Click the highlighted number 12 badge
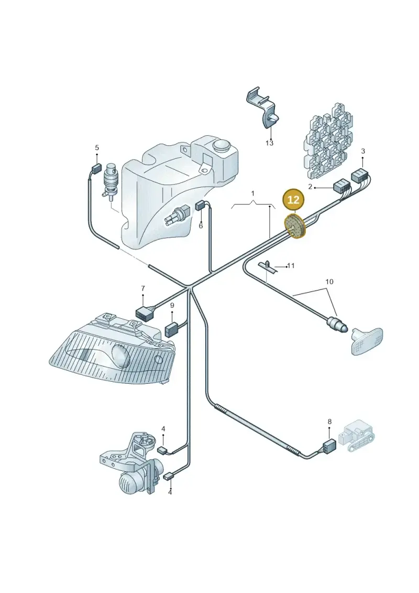pyautogui.click(x=293, y=199)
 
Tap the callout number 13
pyautogui.click(x=269, y=143)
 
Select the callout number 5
pyautogui.click(x=97, y=147)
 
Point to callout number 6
pyautogui.click(x=201, y=226)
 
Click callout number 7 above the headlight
pyautogui.click(x=143, y=288)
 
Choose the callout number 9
pyautogui.click(x=172, y=305)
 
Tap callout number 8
pyautogui.click(x=329, y=422)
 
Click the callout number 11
pyautogui.click(x=291, y=266)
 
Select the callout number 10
pyautogui.click(x=329, y=282)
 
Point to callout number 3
pyautogui.click(x=363, y=152)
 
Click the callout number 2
pyautogui.click(x=310, y=187)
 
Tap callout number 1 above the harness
pyautogui.click(x=253, y=193)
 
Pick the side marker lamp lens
pyautogui.click(x=367, y=341)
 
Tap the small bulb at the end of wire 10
pyautogui.click(x=337, y=324)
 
